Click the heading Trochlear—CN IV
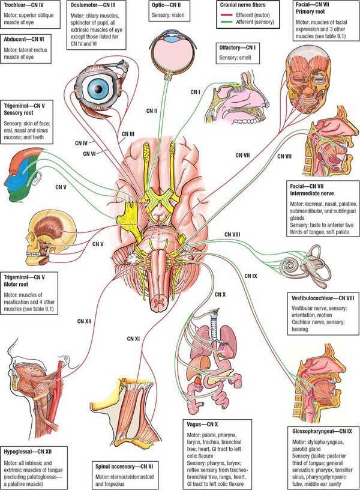click(x=23, y=5)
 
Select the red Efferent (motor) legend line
click(x=226, y=14)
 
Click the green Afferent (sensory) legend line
click(x=226, y=22)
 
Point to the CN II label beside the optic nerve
click(x=151, y=111)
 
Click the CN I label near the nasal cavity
click(x=195, y=92)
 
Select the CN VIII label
click(x=232, y=234)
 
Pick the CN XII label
click(x=85, y=321)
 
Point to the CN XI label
click(x=133, y=339)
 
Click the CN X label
click(x=220, y=294)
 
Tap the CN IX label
click(x=251, y=276)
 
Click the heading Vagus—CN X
click(x=202, y=425)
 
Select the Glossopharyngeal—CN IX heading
click(x=322, y=431)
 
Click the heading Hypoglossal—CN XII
click(x=28, y=452)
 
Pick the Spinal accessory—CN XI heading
click(x=124, y=467)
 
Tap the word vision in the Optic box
click(x=178, y=15)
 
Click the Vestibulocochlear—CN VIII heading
click(x=323, y=298)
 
